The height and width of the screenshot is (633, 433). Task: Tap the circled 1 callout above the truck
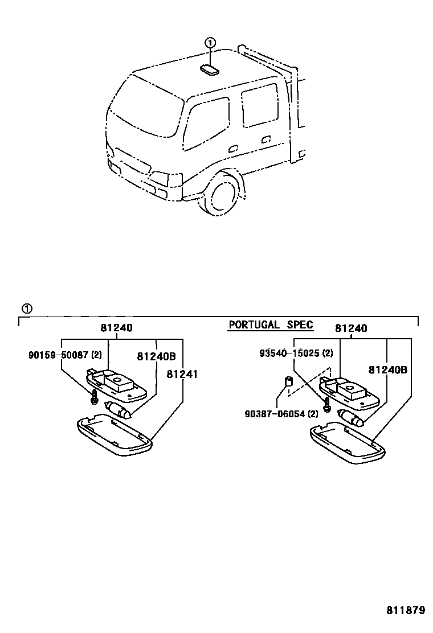pyautogui.click(x=210, y=43)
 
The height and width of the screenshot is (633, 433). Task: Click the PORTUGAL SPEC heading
pyautogui.click(x=271, y=325)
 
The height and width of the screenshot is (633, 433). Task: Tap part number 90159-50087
pyautogui.click(x=64, y=355)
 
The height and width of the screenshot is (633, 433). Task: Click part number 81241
pyautogui.click(x=181, y=373)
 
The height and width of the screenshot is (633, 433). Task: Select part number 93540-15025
pyautogui.click(x=296, y=353)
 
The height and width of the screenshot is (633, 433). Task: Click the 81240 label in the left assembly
pyautogui.click(x=117, y=328)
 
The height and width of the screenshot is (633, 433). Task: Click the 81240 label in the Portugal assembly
pyautogui.click(x=351, y=328)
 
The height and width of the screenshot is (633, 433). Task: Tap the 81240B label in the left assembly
pyautogui.click(x=156, y=357)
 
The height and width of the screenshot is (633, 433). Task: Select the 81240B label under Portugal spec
pyautogui.click(x=387, y=369)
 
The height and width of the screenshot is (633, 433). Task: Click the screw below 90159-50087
pyautogui.click(x=93, y=400)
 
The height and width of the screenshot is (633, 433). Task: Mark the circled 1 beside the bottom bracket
pyautogui.click(x=27, y=309)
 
